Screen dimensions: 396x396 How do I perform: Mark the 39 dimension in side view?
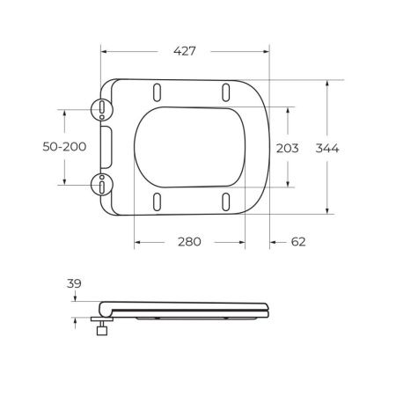click(75, 282)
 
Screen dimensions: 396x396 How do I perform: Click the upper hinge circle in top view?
click(103, 109)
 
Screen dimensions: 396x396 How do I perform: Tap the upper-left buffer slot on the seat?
click(157, 92)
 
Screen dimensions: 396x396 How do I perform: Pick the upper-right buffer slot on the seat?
click(226, 92)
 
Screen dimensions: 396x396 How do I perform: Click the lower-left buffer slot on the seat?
click(157, 201)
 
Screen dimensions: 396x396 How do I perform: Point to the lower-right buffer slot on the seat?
click(226, 201)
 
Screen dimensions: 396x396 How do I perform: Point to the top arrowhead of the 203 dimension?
click(290, 109)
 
